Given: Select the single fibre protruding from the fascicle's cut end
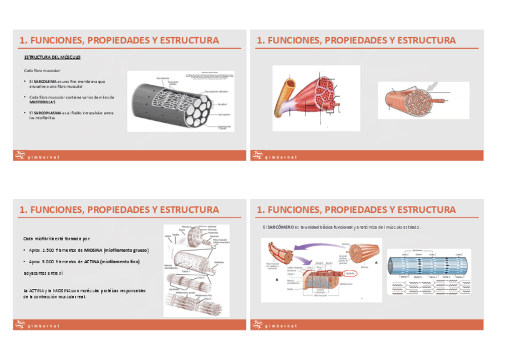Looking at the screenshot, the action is tap(437, 100).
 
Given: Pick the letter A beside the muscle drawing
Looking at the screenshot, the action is tap(375, 262).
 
